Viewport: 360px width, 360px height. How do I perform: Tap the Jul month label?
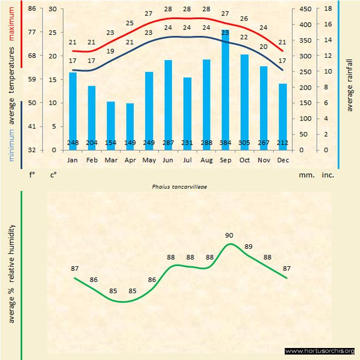click(x=187, y=160)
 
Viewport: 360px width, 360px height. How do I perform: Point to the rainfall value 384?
click(x=225, y=143)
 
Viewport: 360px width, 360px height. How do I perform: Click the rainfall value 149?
click(x=130, y=143)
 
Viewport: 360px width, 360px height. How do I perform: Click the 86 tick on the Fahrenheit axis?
click(x=32, y=9)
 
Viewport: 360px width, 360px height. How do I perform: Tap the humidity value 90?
click(x=229, y=235)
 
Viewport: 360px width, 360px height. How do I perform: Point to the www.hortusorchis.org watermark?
click(x=320, y=351)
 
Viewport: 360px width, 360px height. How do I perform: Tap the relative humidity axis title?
click(x=12, y=273)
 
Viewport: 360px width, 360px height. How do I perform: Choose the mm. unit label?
click(x=305, y=175)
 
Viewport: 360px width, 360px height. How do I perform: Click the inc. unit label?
click(x=327, y=175)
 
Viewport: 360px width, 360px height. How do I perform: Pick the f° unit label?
click(x=32, y=175)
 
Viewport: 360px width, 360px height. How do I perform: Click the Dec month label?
click(x=283, y=160)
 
